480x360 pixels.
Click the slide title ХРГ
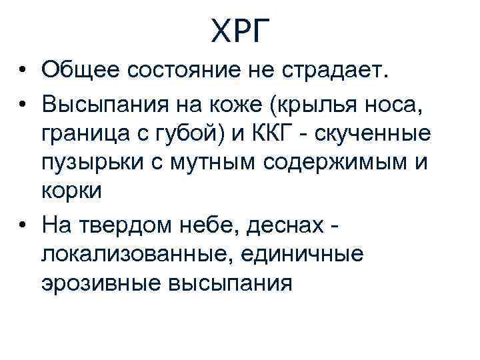[241, 30]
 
